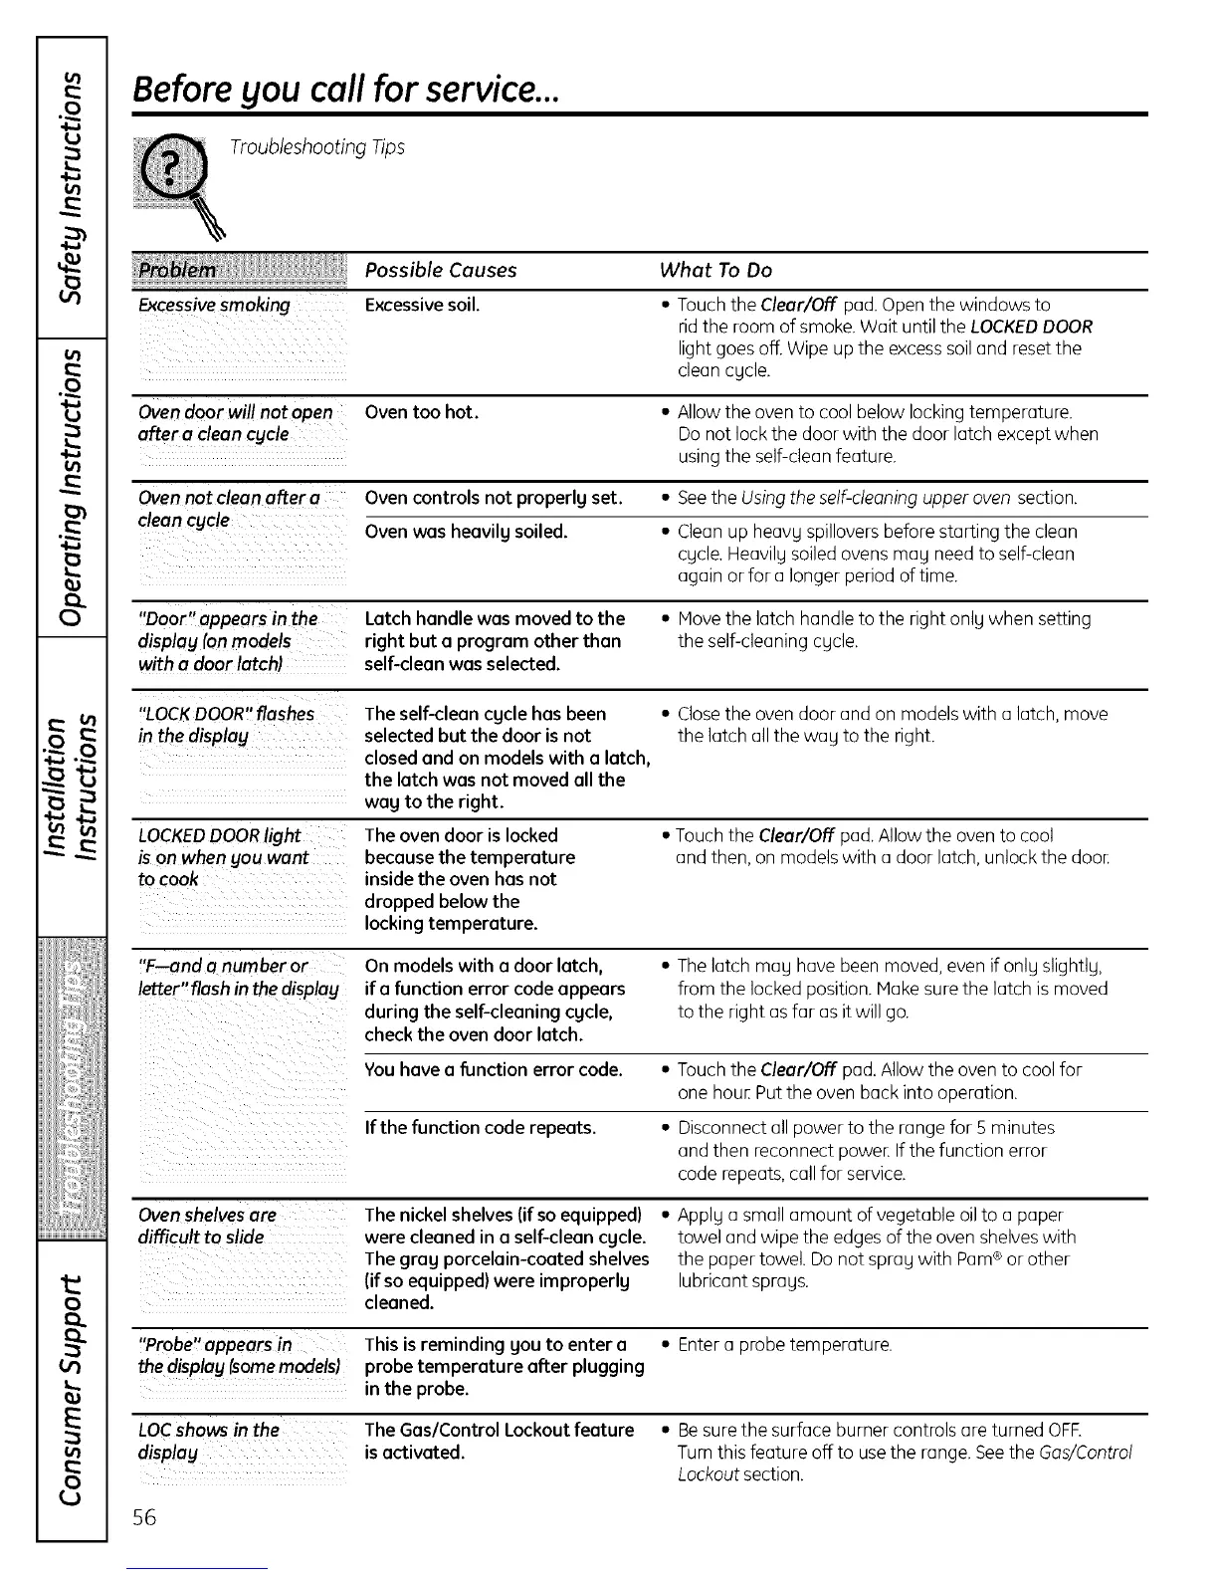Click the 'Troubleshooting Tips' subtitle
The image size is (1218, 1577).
click(x=317, y=147)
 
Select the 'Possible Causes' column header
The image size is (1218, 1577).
click(x=441, y=270)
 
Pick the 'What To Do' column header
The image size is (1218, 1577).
click(x=715, y=270)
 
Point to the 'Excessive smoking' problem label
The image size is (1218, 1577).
click(x=215, y=305)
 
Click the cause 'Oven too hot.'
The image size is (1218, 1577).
click(x=422, y=411)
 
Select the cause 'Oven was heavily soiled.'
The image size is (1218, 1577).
click(x=466, y=531)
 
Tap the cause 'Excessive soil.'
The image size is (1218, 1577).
click(x=422, y=305)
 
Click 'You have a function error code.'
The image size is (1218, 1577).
click(x=494, y=1069)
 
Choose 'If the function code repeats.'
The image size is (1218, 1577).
click(x=481, y=1127)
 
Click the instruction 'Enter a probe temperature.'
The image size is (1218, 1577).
click(x=784, y=1345)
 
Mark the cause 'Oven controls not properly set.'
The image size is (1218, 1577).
click(x=494, y=497)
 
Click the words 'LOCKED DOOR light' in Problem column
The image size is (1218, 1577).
click(x=219, y=835)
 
